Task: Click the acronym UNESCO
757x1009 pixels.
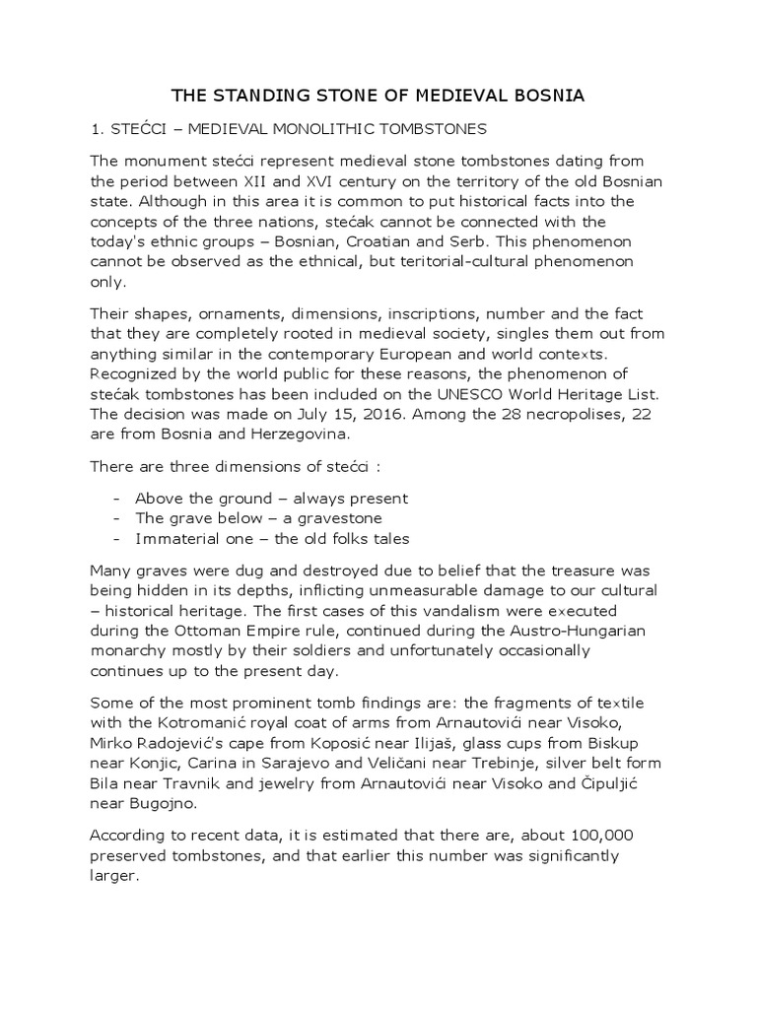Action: (x=470, y=394)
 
